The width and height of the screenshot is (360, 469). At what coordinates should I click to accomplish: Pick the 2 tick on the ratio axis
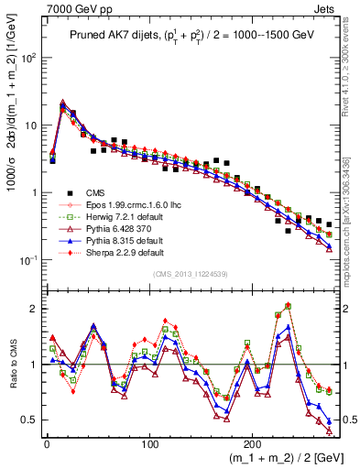[x=32, y=309]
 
